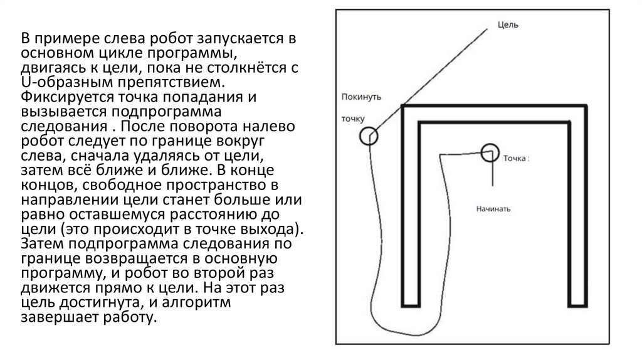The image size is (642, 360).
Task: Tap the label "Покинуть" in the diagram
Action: (x=362, y=97)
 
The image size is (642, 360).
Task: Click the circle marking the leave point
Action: (x=369, y=136)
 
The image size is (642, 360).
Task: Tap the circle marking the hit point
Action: (x=490, y=152)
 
